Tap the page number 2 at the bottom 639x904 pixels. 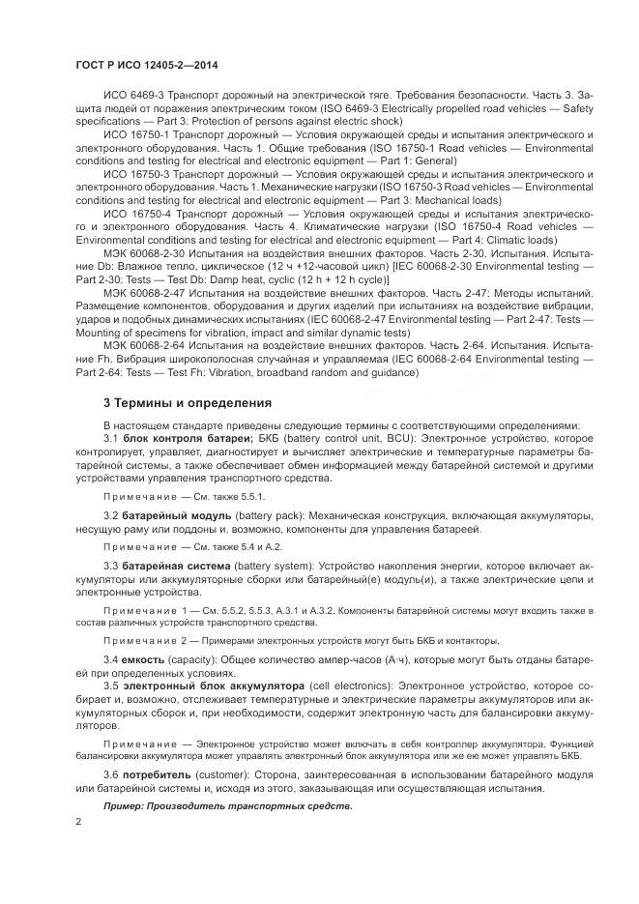(x=79, y=821)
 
